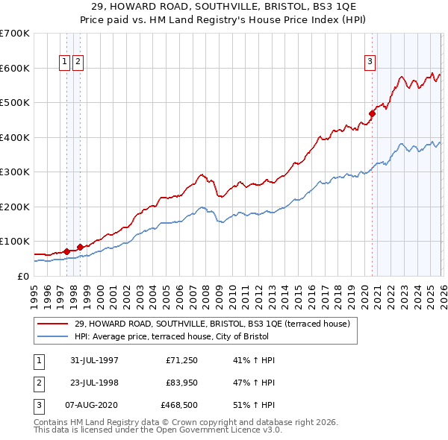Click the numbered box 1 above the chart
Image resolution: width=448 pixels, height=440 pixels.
(x=64, y=62)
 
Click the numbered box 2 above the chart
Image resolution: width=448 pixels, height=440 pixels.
(x=78, y=62)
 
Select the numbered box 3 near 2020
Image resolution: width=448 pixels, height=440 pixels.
(x=370, y=62)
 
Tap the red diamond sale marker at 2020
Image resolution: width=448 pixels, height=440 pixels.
(x=371, y=114)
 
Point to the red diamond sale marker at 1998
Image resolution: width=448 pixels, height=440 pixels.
(x=80, y=247)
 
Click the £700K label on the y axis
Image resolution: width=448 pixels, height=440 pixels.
(x=15, y=34)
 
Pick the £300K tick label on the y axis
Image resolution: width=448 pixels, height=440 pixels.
(x=15, y=172)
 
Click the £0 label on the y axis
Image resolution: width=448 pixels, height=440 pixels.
(x=22, y=276)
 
